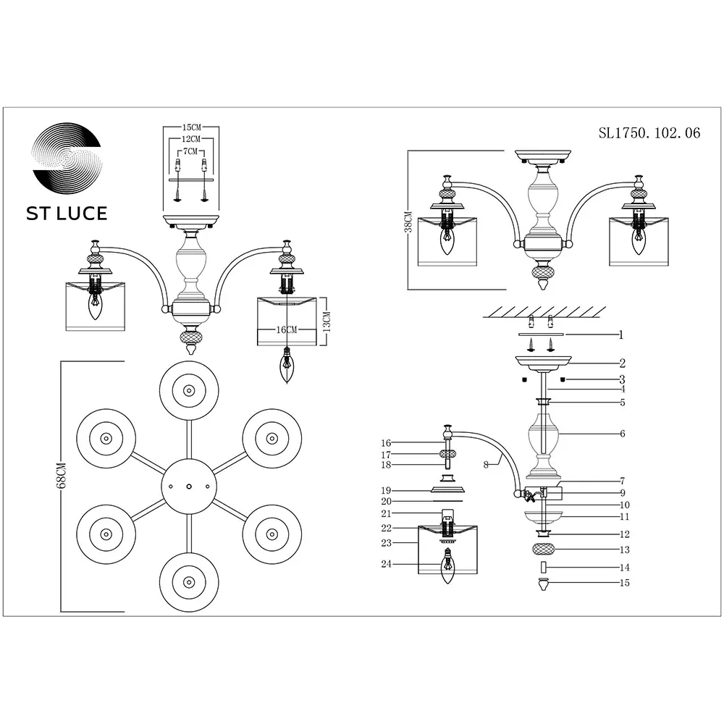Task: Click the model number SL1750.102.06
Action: click(649, 133)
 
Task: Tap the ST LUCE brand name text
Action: click(67, 214)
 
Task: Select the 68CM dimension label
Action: click(61, 475)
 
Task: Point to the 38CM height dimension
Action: click(408, 222)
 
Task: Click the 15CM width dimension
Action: click(192, 127)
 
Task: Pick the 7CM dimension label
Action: click(190, 151)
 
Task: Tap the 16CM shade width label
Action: click(286, 329)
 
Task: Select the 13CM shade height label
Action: click(327, 322)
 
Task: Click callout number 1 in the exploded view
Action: click(621, 334)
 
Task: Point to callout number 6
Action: click(623, 434)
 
